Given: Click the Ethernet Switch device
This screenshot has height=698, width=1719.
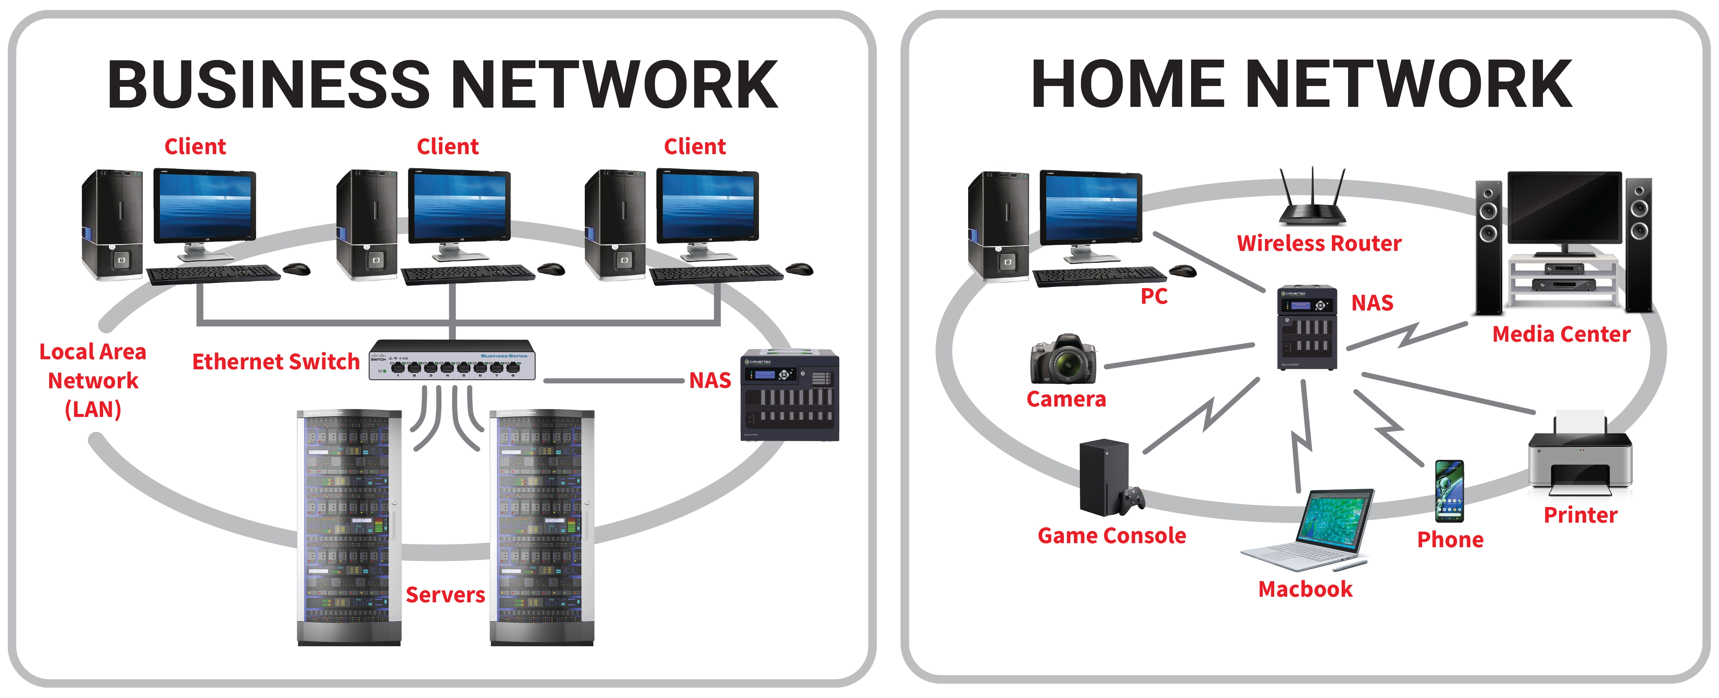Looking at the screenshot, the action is pos(452,360).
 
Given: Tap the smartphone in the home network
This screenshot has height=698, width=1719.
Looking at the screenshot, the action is pos(1449,491).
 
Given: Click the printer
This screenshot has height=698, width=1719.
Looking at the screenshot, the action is pos(1579,454).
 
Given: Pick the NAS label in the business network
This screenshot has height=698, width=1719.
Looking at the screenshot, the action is pos(710,380).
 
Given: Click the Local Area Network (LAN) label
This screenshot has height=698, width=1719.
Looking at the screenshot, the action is pos(93,380).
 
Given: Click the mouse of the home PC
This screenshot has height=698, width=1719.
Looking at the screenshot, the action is pos(1183,270).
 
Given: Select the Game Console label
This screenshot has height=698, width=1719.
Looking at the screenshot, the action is pos(1112,535).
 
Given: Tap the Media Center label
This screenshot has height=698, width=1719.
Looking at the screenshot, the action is pos(1561,334).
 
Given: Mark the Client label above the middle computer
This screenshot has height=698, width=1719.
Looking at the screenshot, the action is pos(447,146).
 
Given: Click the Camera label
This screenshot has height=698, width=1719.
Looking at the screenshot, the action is pos(1066,399).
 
